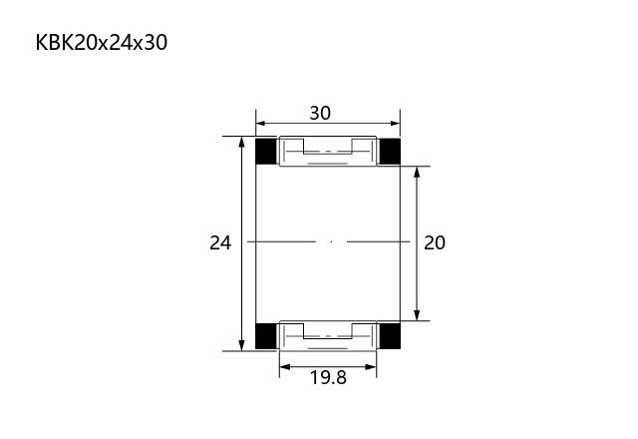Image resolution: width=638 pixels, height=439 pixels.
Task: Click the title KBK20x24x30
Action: pos(102,43)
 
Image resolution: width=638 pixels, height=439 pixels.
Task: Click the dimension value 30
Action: pos(320,113)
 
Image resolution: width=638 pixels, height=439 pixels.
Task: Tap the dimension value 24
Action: pos(220,243)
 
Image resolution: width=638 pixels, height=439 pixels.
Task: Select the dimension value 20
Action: pos(435,243)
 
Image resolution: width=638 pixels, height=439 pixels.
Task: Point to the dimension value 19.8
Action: pos(328,377)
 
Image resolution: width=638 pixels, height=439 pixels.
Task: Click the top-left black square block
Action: pos(266,151)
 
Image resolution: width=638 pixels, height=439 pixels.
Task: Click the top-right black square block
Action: pos(390,151)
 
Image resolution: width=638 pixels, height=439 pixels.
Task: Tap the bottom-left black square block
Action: pos(266,336)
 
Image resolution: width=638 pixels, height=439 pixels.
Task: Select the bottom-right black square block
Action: pos(390,336)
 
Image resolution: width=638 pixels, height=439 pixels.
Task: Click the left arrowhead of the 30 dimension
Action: pos(260,124)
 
